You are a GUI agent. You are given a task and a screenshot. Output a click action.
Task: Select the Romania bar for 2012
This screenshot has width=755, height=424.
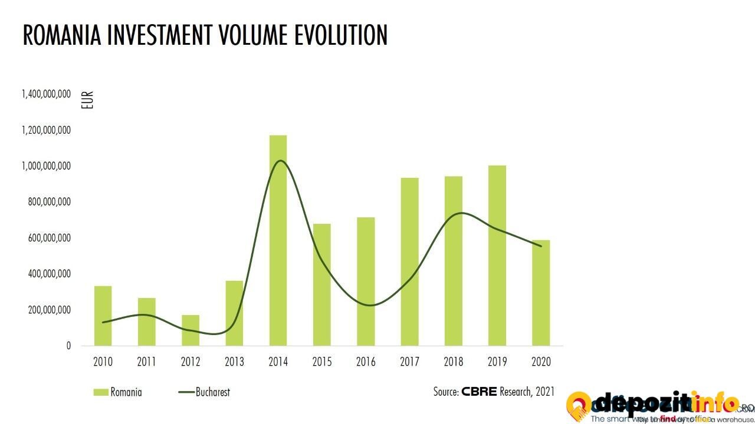(191, 330)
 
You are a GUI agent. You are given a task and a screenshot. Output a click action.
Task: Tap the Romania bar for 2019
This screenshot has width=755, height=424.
(497, 256)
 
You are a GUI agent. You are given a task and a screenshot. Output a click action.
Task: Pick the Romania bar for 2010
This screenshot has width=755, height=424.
(103, 316)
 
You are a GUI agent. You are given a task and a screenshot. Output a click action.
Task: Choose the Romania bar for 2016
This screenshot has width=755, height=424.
(366, 281)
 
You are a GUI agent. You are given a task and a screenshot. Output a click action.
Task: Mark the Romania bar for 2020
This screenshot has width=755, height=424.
(541, 293)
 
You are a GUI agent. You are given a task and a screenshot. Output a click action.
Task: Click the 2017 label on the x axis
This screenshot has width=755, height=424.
(409, 362)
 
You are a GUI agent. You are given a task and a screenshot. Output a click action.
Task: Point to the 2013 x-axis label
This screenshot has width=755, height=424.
(234, 362)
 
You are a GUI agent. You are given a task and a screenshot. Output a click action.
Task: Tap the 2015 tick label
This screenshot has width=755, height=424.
(322, 362)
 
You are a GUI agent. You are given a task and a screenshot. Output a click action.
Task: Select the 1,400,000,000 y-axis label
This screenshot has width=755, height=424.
(46, 94)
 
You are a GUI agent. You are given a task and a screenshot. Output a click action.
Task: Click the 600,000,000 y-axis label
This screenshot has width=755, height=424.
(49, 238)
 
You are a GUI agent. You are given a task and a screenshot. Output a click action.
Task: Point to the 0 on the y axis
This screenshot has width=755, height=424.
(68, 346)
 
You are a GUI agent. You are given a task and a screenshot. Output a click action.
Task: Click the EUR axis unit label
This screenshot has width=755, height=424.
(87, 101)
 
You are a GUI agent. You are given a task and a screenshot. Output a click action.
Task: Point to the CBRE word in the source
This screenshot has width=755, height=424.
(479, 392)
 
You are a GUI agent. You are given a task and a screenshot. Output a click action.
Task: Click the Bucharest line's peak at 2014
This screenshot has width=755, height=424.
(280, 161)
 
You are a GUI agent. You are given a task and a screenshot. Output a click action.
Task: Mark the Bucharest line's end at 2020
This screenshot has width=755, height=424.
(541, 246)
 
